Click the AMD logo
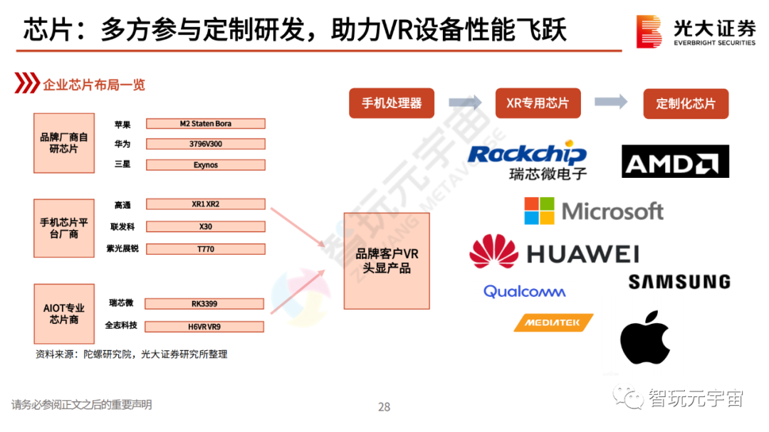pos(675,162)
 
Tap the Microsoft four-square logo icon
pos(540,211)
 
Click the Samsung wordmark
pos(679,282)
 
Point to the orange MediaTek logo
pos(553,322)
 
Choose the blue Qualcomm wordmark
pos(524,291)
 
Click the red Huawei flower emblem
pos(493,252)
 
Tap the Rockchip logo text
pos(528,154)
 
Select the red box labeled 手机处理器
pos(391,103)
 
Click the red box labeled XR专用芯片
pos(538,103)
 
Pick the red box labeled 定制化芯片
pos(685,103)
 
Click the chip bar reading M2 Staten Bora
pos(205,124)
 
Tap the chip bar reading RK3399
pos(204,304)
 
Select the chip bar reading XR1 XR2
pos(205,204)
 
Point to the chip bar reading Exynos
pos(205,165)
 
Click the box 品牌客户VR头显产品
pos(387,261)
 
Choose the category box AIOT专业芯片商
pos(64,314)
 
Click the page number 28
pos(384,407)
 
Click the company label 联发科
pos(122,227)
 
